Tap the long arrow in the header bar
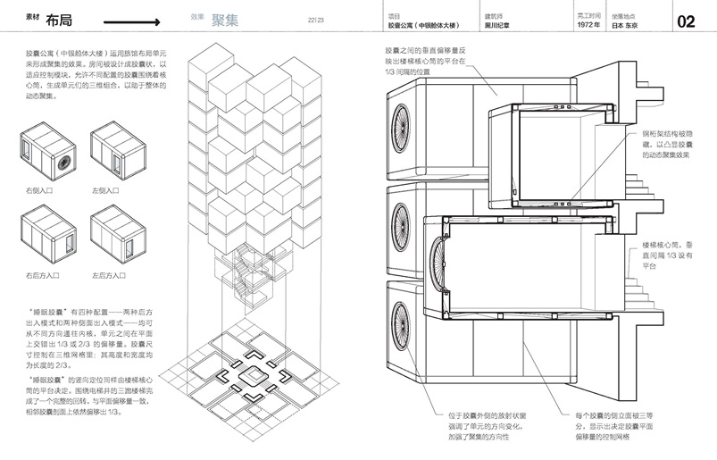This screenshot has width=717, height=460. pos(126,21)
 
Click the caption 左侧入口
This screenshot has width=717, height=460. pos(106,191)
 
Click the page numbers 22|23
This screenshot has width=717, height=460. pos(315,21)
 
